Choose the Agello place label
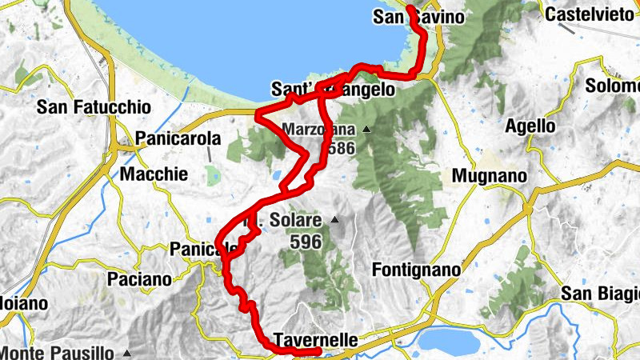click(530, 126)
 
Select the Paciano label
click(139, 279)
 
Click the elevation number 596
click(305, 241)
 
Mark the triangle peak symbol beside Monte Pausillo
click(127, 352)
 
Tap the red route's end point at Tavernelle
click(318, 350)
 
